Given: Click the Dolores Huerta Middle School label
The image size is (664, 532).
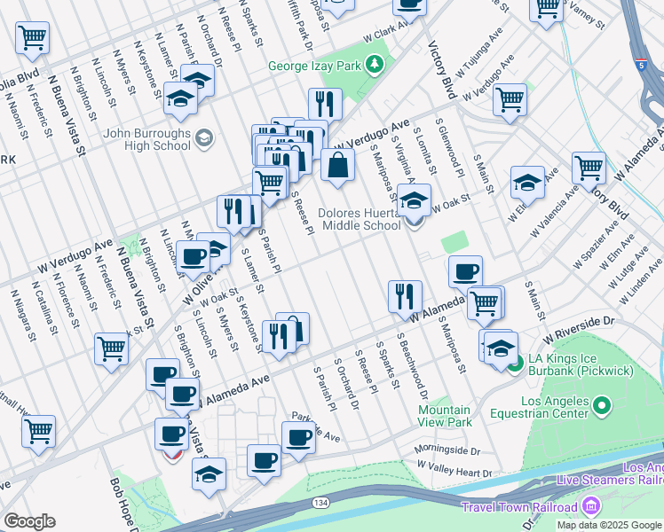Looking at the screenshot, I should coord(361,219).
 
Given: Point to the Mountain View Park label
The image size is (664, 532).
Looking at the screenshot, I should coord(444,416).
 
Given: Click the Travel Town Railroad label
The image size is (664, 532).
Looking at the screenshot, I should coord(519,507).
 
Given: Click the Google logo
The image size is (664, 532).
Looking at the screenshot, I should coord(28,520).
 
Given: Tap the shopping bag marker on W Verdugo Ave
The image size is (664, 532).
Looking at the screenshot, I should coord(338,165).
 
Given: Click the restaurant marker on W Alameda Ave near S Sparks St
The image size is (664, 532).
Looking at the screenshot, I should coord(405,297).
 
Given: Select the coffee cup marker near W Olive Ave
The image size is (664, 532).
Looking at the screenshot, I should coord(193,258).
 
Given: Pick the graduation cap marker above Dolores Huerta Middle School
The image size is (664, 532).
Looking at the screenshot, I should coord(414,199).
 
